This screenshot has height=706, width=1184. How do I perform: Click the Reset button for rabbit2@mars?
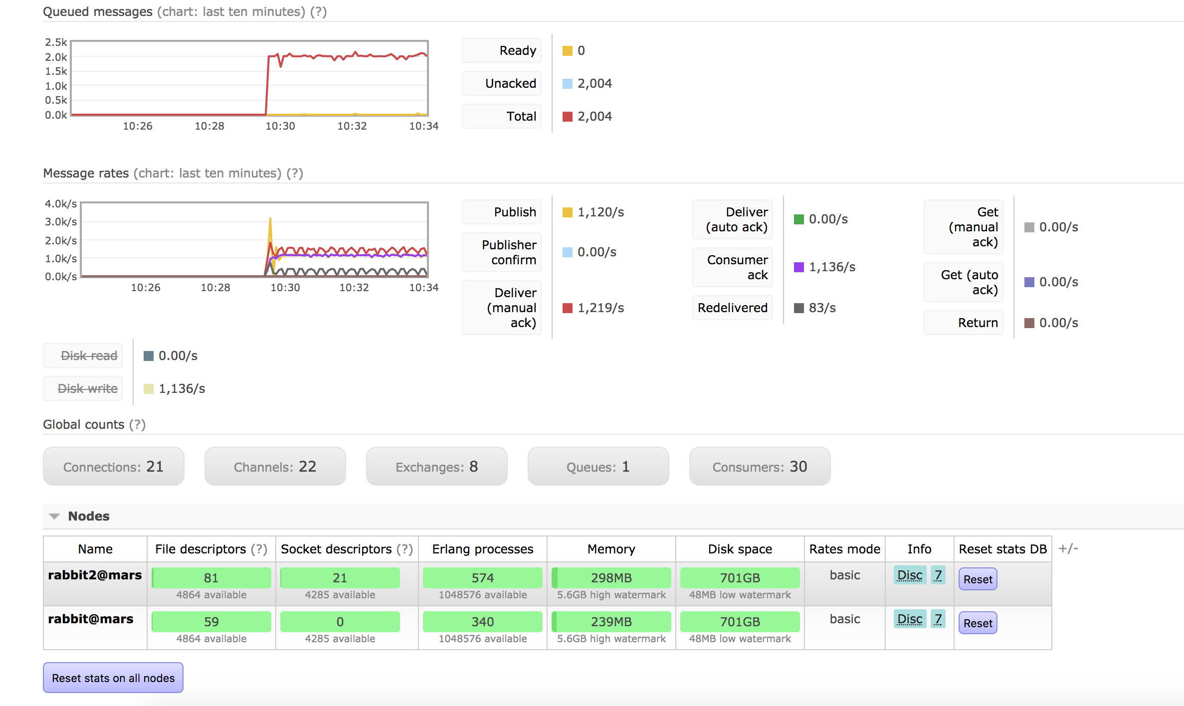click(x=978, y=579)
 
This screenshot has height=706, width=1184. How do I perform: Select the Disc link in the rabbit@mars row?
click(x=910, y=619)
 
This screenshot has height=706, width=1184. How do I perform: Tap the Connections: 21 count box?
click(x=114, y=467)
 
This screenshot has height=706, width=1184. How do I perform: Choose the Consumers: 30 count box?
click(x=760, y=467)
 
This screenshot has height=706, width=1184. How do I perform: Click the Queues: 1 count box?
click(x=598, y=467)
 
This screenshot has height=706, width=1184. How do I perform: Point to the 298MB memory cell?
click(x=611, y=578)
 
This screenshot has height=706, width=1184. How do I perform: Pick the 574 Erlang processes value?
click(x=482, y=578)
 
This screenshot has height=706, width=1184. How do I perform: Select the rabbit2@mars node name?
click(x=95, y=575)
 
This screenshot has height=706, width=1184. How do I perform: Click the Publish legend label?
click(x=515, y=212)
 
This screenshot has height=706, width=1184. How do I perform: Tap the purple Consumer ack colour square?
click(x=798, y=267)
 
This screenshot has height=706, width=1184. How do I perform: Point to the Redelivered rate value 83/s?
click(x=822, y=308)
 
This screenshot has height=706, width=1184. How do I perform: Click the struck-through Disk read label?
click(x=89, y=355)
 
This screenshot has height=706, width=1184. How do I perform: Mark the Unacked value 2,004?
click(x=594, y=83)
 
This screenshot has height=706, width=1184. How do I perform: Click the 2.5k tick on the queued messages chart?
click(x=56, y=42)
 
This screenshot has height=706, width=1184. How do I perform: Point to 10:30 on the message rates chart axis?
click(x=285, y=288)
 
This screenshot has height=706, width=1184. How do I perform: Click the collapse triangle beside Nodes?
click(x=54, y=517)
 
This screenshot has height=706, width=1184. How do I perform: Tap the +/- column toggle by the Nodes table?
click(x=1068, y=548)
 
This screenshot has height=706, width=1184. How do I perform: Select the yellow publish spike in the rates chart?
click(x=270, y=224)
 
